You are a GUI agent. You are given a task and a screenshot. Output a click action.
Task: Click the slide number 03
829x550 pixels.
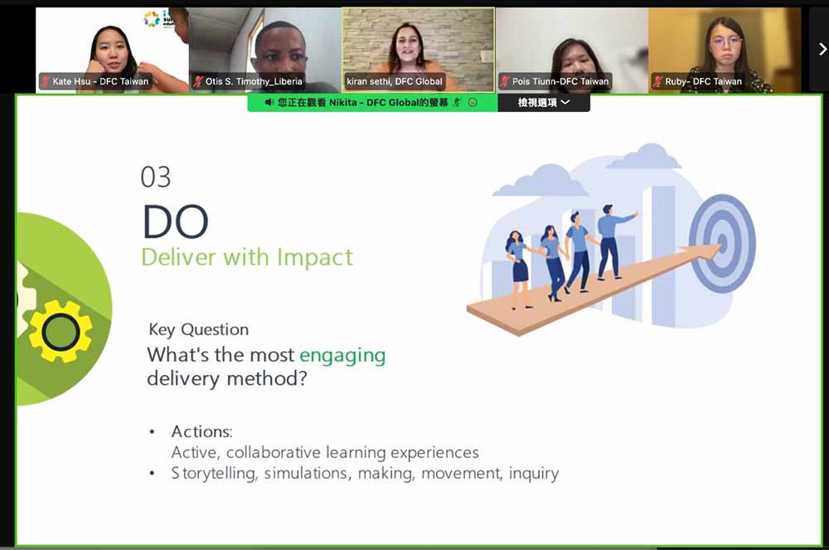[156, 177]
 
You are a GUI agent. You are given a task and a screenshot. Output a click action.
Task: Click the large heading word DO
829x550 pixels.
[176, 222]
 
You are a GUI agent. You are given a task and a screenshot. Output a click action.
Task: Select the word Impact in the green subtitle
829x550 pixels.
[315, 258]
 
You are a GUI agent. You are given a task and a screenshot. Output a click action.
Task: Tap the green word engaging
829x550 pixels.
[342, 355]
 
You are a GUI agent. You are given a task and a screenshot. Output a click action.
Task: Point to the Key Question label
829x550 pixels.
[199, 330]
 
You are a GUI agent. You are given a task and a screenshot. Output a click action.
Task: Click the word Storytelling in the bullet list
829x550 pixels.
[214, 474]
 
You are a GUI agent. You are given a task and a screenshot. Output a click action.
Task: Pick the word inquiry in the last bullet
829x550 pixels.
[533, 474]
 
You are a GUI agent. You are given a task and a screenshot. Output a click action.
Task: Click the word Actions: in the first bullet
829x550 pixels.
[202, 432]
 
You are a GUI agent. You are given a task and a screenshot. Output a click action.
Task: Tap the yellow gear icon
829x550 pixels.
[61, 332]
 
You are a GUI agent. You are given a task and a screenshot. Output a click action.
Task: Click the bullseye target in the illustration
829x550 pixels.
[722, 244]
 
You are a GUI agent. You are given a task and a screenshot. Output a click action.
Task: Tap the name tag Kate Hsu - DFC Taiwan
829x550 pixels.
[95, 81]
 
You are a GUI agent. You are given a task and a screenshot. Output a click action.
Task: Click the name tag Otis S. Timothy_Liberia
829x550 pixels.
[248, 81]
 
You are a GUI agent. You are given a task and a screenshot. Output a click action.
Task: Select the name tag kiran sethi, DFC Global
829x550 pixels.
[395, 81]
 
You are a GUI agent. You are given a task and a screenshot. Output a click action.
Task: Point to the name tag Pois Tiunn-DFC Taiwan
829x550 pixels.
[555, 81]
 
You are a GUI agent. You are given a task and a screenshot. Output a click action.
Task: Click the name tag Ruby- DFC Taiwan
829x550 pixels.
[698, 81]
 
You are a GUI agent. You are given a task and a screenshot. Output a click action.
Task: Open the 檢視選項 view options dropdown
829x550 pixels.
[544, 103]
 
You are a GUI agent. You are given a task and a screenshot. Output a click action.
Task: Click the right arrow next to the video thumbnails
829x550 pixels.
[822, 50]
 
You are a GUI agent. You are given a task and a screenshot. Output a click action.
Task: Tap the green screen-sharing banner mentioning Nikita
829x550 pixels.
[372, 103]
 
